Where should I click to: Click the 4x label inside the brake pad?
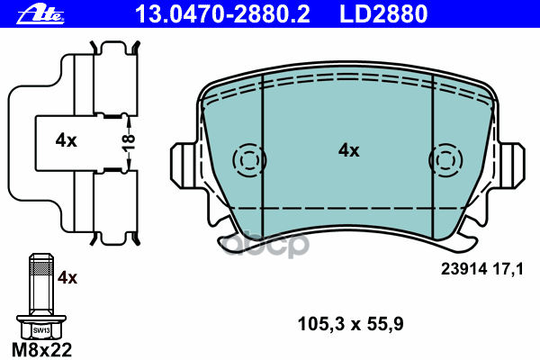[x=348, y=151]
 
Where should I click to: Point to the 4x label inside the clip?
[x=66, y=140]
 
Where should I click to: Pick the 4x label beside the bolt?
[x=68, y=278]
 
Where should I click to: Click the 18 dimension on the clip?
[x=128, y=140]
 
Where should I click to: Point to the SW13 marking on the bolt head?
[x=41, y=330]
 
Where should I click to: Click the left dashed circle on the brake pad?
[x=247, y=159]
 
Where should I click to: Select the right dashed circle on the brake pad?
[x=447, y=159]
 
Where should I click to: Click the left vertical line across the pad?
[x=262, y=162]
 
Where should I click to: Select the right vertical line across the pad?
[x=434, y=162]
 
